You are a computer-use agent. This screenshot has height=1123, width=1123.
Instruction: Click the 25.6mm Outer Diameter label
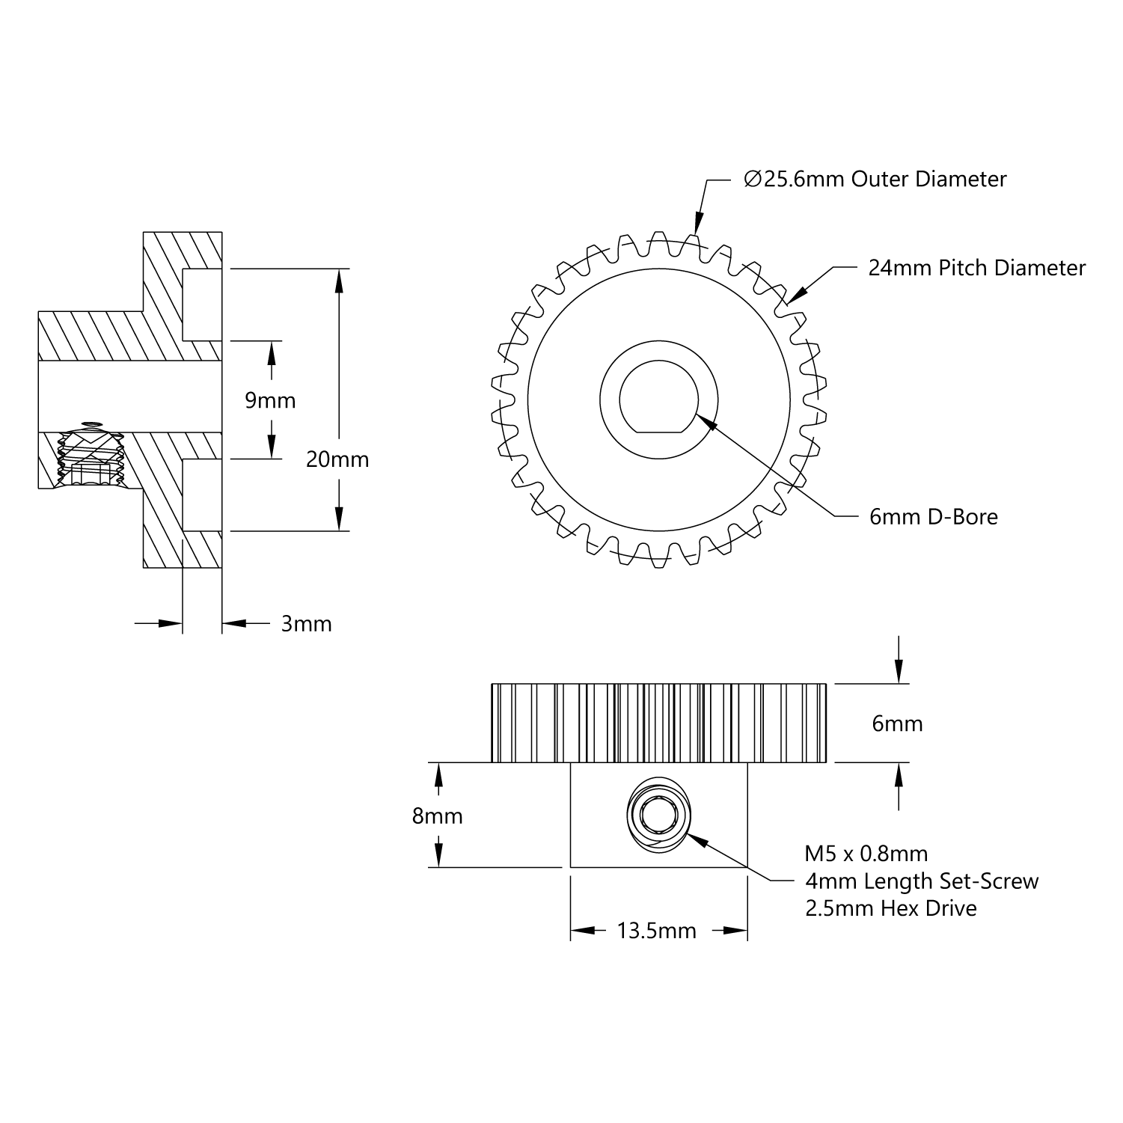[x=875, y=180]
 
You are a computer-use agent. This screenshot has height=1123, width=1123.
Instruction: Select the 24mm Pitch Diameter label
[x=976, y=268]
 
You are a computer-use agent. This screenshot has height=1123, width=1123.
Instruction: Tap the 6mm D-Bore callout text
[x=933, y=517]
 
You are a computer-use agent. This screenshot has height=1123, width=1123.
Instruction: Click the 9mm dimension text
[x=270, y=401]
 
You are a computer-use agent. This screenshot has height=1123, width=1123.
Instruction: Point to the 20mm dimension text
[x=337, y=459]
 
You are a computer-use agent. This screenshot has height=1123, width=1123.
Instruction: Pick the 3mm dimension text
[x=306, y=624]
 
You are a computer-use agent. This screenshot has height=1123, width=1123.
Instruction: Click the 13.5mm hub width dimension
[x=656, y=931]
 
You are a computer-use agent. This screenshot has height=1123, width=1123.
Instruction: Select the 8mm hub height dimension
[x=437, y=816]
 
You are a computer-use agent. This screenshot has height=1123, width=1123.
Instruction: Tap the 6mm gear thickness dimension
[x=897, y=724]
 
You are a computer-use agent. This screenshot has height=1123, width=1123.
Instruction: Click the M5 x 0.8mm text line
[x=866, y=854]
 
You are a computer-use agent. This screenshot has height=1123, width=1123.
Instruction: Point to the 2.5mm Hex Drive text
[x=890, y=908]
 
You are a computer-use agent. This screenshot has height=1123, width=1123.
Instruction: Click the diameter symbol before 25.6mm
[x=752, y=180]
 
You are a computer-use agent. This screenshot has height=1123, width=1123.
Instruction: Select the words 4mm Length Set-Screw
[x=922, y=881]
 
